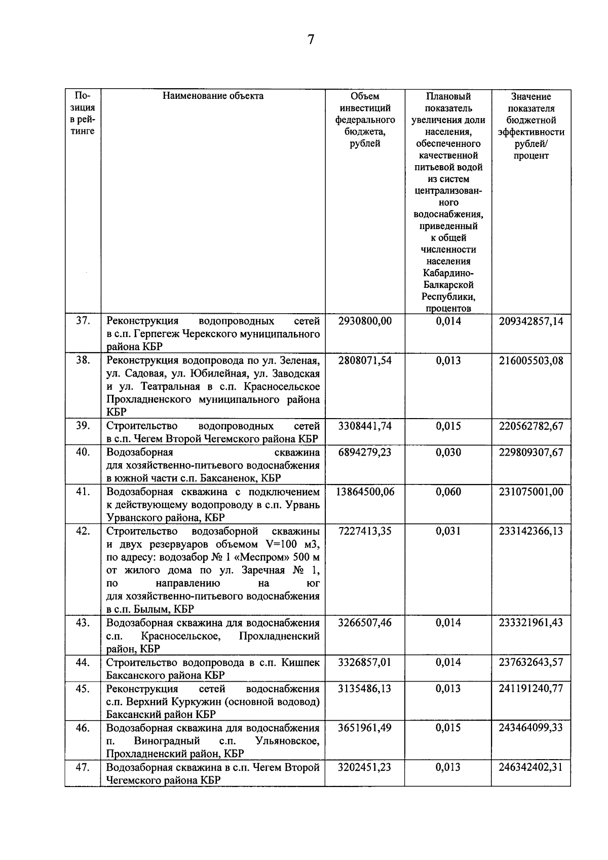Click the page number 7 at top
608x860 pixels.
[x=311, y=40]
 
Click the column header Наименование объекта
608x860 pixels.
[x=213, y=96]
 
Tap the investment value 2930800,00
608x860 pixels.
[x=365, y=321]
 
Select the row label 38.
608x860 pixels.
[x=83, y=360]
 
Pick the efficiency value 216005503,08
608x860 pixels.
[x=530, y=361]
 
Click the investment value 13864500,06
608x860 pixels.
[x=365, y=492]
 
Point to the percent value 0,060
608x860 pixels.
[x=448, y=492]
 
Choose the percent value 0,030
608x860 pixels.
[x=448, y=452]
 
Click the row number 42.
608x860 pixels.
[x=83, y=531]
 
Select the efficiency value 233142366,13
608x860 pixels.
[x=530, y=531]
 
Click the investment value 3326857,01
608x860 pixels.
[x=365, y=662]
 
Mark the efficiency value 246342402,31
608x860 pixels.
[x=530, y=767]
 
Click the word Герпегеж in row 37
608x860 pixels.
[x=150, y=334]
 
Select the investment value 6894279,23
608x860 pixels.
[x=365, y=452]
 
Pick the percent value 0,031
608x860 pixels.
[x=448, y=531]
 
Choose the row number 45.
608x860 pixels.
[x=83, y=689]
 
